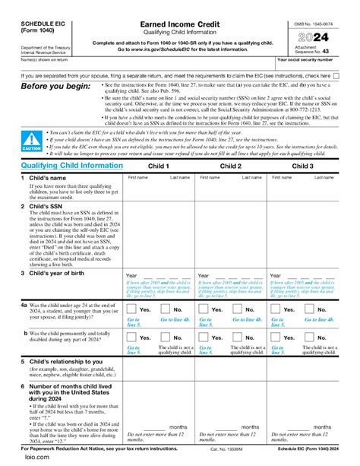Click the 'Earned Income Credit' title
(x=180, y=25)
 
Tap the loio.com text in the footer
(x=16, y=459)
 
